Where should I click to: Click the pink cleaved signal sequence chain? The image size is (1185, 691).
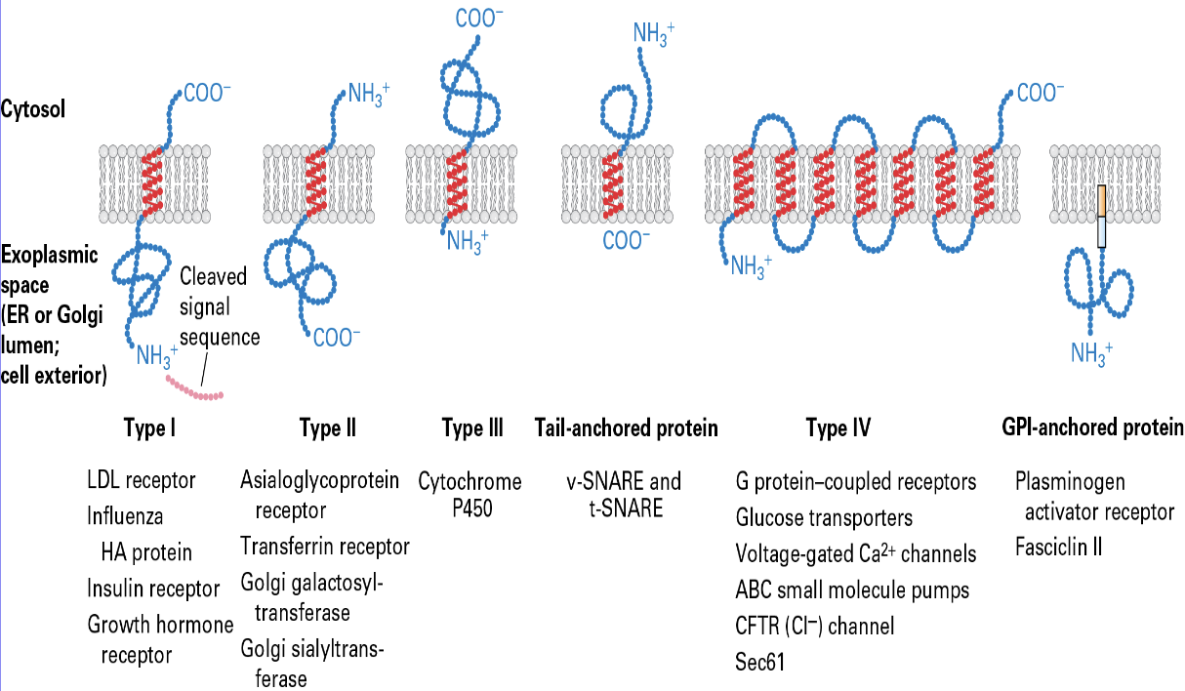click(194, 389)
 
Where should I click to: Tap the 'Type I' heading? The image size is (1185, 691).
click(149, 428)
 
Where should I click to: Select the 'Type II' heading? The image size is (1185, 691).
click(327, 428)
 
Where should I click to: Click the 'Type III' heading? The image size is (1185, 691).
click(472, 428)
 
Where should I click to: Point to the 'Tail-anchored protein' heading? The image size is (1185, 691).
click(626, 428)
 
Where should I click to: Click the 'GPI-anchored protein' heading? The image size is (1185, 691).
click(1092, 428)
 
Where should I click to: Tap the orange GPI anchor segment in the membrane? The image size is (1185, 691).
click(1101, 200)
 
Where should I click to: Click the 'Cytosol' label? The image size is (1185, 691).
click(34, 109)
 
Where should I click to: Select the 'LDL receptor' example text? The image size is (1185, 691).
click(142, 480)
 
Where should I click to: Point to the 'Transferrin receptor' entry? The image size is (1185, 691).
click(325, 547)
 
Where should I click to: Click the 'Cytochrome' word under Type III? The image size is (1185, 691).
click(470, 481)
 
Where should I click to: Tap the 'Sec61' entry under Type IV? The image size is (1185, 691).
click(759, 663)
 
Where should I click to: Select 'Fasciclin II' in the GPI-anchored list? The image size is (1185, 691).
click(1058, 547)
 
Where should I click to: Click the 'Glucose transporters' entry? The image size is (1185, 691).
click(825, 517)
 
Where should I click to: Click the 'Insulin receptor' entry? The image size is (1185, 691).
click(153, 589)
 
